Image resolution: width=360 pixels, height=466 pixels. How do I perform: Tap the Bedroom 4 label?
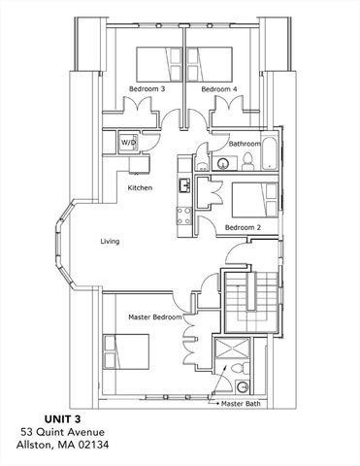[219, 89]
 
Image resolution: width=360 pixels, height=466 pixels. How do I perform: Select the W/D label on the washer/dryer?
[128, 142]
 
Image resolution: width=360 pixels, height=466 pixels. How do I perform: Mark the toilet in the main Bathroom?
[246, 160]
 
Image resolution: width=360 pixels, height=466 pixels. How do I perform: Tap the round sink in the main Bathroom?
[220, 163]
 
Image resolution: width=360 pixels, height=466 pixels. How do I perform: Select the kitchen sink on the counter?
[181, 184]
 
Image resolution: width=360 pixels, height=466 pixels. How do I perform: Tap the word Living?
[110, 241]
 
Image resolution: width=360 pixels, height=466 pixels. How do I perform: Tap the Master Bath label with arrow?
[244, 403]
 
